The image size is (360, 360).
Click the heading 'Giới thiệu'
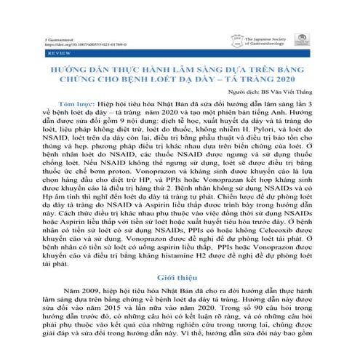(x=180, y=279)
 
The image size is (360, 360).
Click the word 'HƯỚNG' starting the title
(x=64, y=67)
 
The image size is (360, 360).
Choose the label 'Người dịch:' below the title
(x=247, y=92)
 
